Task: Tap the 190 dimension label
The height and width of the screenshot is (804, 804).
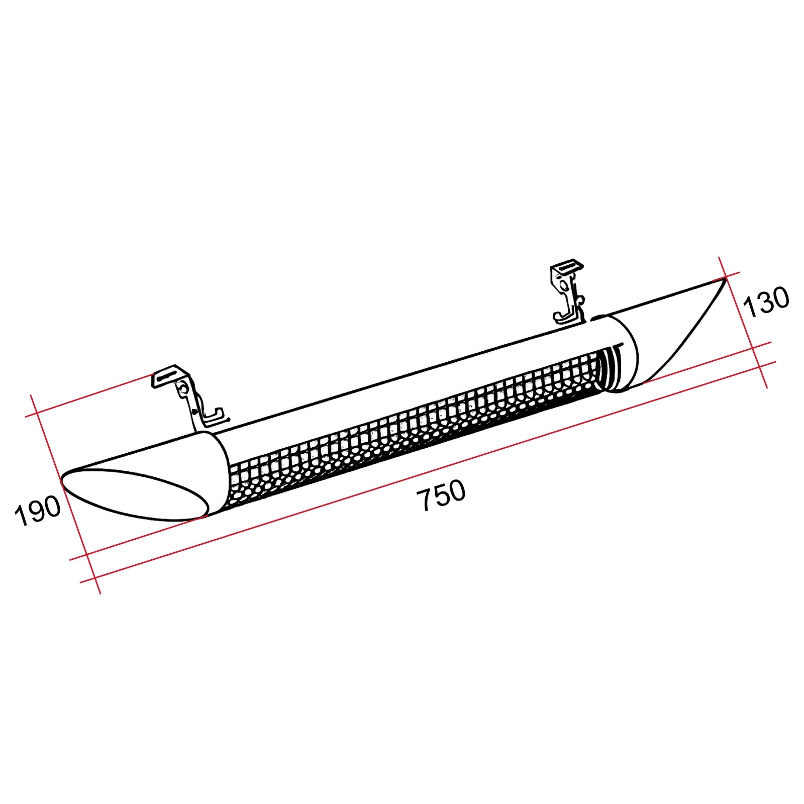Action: coord(38,510)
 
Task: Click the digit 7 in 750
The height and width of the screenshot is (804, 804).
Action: coord(425,500)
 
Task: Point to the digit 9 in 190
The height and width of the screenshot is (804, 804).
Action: coord(37,511)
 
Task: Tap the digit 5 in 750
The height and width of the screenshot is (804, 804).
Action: coord(441,495)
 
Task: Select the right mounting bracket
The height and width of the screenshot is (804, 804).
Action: coord(568,291)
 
